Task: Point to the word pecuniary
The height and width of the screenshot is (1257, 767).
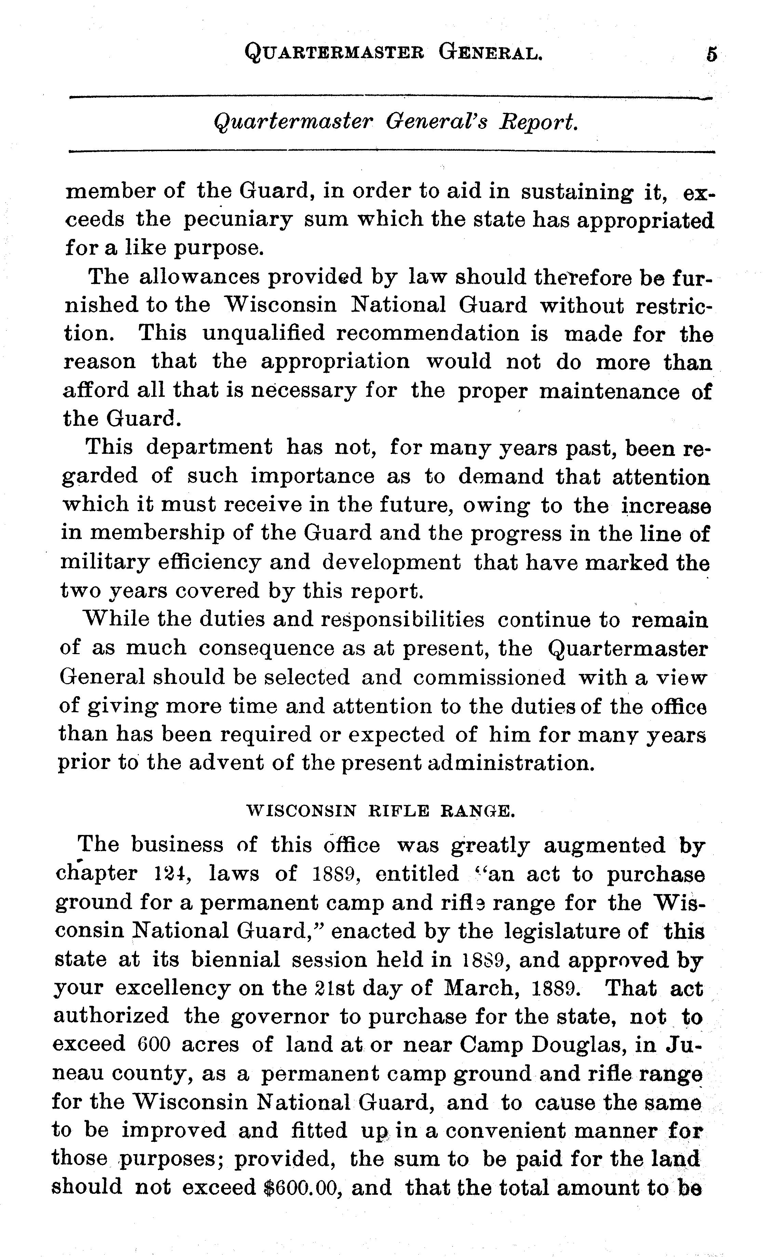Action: (238, 220)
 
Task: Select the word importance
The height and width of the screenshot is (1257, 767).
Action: (312, 476)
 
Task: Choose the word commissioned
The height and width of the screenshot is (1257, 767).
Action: (489, 677)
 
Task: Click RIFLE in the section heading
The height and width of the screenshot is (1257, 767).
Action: (399, 811)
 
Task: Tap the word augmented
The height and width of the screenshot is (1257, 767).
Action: (604, 845)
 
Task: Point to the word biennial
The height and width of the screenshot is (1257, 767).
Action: (236, 960)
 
